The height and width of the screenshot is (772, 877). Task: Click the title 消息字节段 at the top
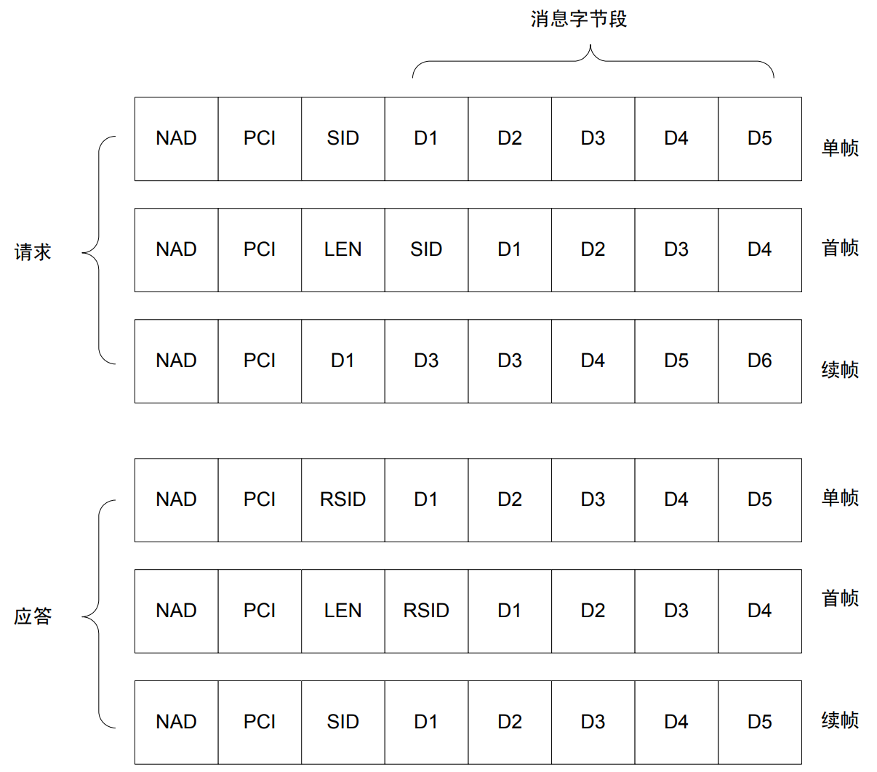point(578,19)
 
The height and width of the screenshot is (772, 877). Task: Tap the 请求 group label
point(33,252)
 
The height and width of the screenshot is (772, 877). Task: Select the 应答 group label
point(33,616)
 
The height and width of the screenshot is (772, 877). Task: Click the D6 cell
point(759,361)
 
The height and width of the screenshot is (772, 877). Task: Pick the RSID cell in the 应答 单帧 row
point(343,499)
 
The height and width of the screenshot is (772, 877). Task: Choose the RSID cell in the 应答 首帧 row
point(426,611)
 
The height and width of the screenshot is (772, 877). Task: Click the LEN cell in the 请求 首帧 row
point(343,249)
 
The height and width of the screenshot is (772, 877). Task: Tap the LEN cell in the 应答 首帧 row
point(343,611)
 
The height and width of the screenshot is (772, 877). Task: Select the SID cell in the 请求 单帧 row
point(343,138)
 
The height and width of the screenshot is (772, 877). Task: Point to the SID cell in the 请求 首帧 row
point(426,249)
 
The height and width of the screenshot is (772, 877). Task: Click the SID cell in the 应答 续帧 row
point(343,722)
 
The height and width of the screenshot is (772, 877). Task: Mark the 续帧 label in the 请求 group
point(840,370)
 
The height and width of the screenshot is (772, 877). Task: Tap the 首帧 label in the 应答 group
point(840,598)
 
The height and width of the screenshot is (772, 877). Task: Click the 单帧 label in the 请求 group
point(840,148)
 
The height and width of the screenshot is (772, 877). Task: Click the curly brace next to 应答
point(98,615)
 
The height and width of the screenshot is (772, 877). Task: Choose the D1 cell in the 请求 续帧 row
point(343,361)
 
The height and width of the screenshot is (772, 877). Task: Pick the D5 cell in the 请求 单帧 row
point(759,138)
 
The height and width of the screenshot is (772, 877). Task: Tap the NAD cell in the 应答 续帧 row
point(176,722)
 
